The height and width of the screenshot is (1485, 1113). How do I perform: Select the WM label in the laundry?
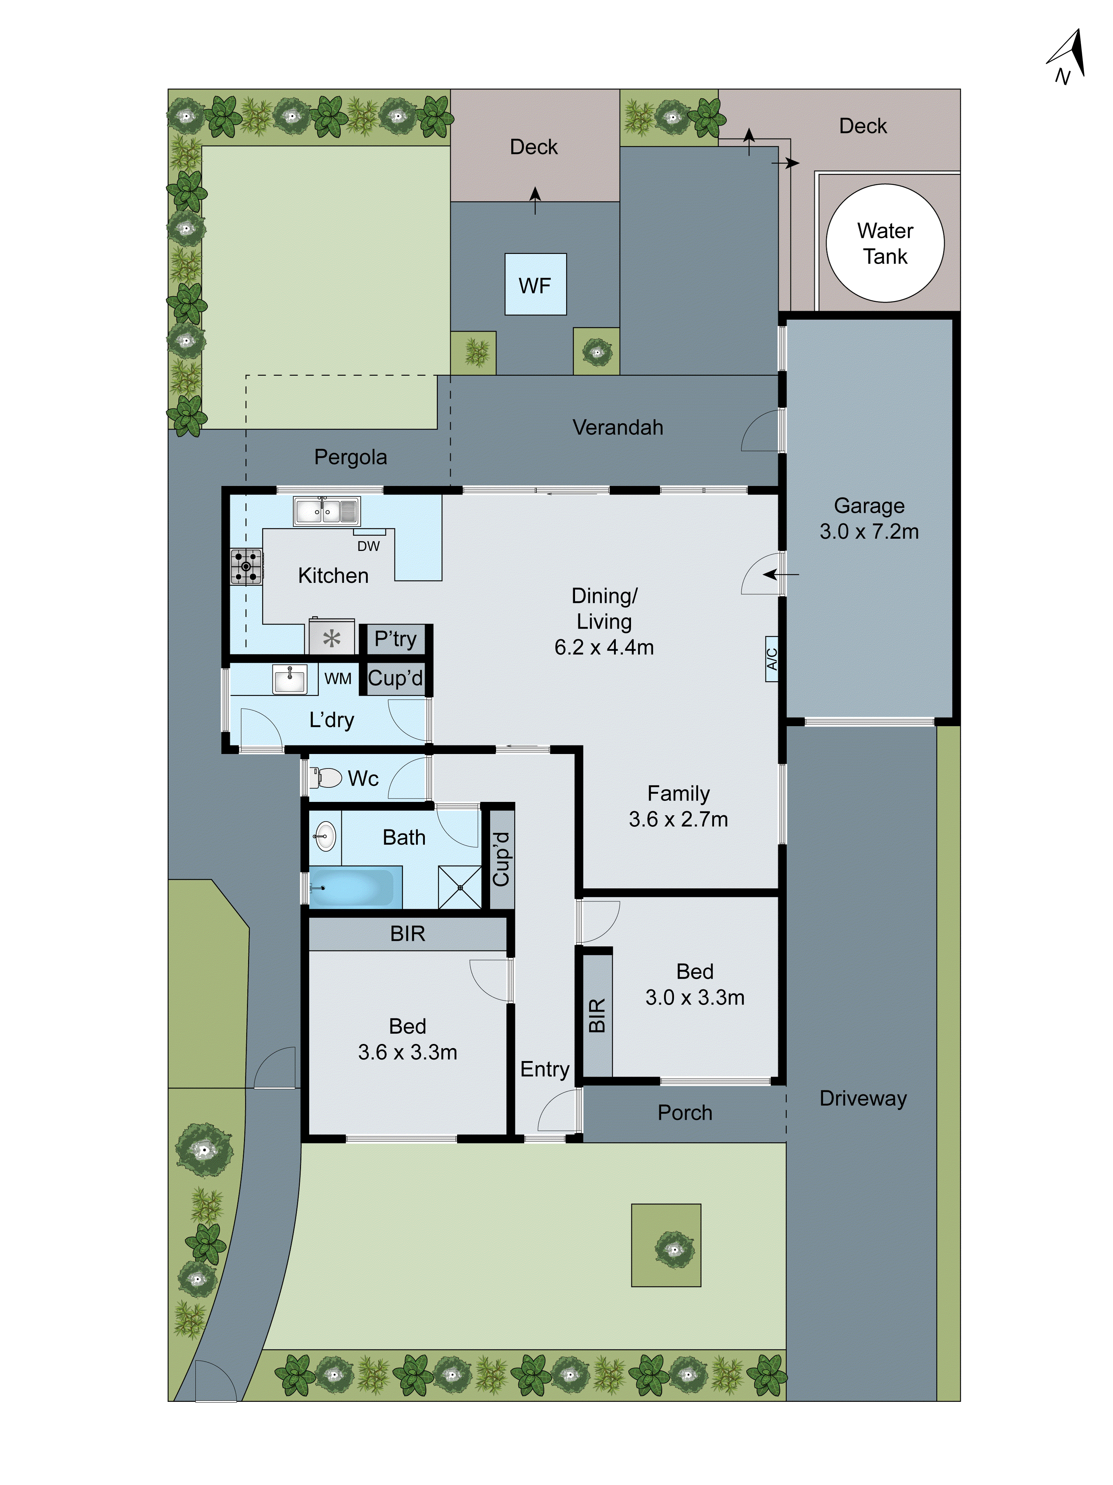pos(338,679)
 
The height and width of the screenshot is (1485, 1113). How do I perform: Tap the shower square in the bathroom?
pos(460,887)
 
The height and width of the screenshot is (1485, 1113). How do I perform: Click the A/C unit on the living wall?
pos(772,659)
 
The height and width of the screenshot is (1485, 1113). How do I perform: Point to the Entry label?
pos(544,1069)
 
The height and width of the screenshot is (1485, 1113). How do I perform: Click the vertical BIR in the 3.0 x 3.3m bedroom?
pos(597,1015)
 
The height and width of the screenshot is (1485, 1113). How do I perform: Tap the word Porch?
pos(684,1112)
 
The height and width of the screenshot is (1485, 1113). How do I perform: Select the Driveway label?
pos(863,1098)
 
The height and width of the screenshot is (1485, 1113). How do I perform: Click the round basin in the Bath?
pos(325,836)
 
